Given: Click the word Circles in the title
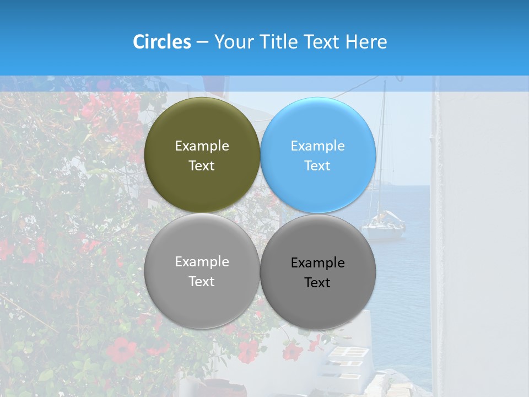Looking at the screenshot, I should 161,42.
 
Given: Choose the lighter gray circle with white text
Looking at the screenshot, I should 202,303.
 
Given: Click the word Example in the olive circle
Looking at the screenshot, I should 202,146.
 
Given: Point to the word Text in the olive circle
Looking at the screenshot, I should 202,166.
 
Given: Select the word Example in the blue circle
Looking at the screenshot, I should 317,146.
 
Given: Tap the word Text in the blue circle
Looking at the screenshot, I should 317,166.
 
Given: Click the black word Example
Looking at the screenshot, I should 317,263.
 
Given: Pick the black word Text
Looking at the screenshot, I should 317,283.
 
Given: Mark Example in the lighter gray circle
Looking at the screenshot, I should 202,262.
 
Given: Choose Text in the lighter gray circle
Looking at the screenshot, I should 202,282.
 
